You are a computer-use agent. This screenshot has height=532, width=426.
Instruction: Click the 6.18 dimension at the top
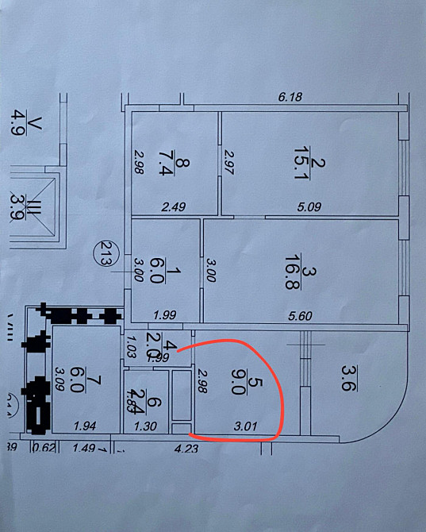291,98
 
